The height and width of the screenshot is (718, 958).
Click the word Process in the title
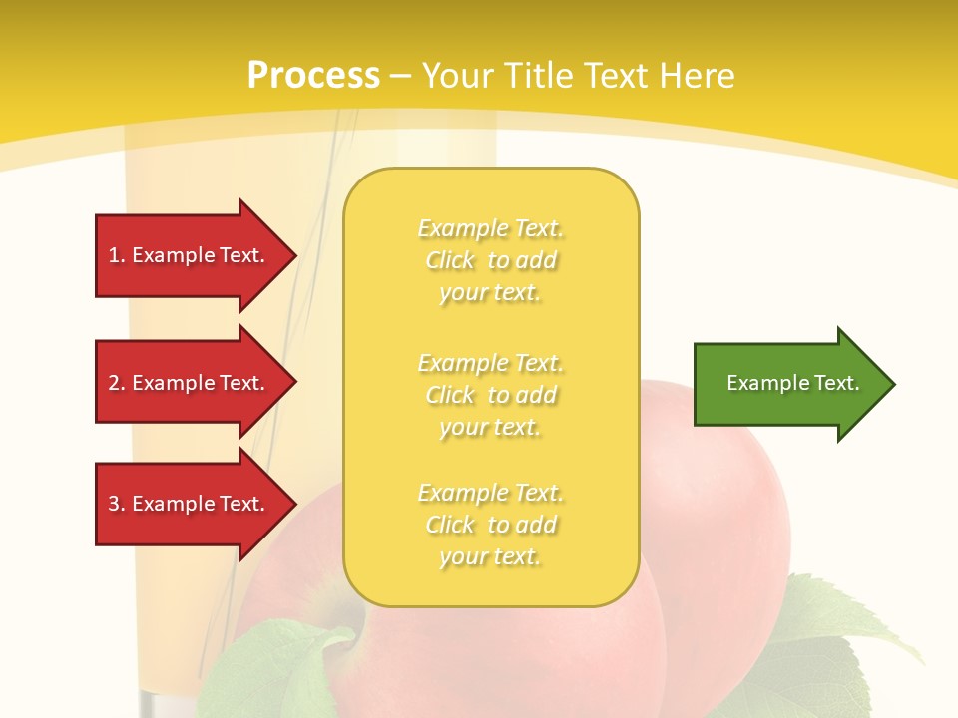(313, 75)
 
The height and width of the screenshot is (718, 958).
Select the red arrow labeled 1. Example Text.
(190, 255)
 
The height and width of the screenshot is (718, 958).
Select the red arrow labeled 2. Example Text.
(190, 383)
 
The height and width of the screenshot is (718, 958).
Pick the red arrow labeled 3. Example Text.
(190, 504)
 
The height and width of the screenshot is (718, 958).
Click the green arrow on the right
(788, 383)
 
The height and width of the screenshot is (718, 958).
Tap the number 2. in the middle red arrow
(117, 383)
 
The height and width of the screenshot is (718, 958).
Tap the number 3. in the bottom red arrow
(117, 504)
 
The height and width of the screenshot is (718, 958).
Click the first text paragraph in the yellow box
(490, 260)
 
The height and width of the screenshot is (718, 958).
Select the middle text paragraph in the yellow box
(490, 395)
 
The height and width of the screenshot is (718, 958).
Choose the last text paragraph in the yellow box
(490, 525)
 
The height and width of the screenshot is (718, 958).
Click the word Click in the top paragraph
(450, 260)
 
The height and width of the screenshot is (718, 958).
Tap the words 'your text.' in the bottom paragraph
(490, 556)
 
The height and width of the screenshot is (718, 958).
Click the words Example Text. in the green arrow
(792, 383)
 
